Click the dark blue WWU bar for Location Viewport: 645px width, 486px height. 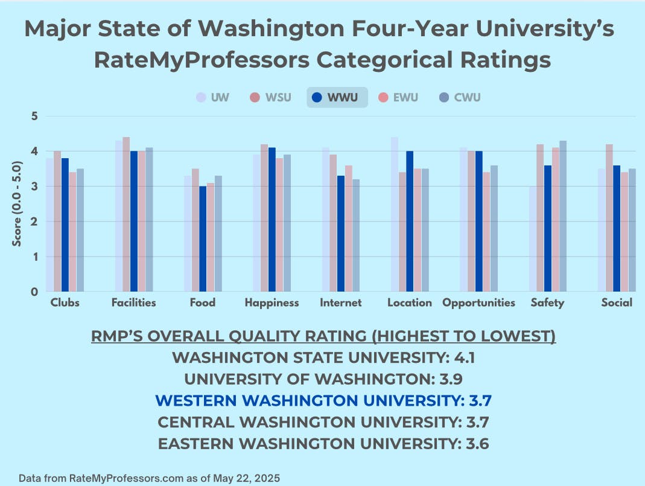click(410, 221)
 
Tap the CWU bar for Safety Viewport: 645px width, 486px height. click(563, 216)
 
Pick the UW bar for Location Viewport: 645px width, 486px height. click(395, 214)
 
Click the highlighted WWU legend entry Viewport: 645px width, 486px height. click(337, 97)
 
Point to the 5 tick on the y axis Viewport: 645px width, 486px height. click(34, 116)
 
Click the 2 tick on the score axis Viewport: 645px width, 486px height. click(34, 222)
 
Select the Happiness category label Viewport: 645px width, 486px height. click(272, 302)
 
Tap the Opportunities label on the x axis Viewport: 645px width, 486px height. click(478, 302)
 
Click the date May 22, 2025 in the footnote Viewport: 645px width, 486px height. click(242, 478)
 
